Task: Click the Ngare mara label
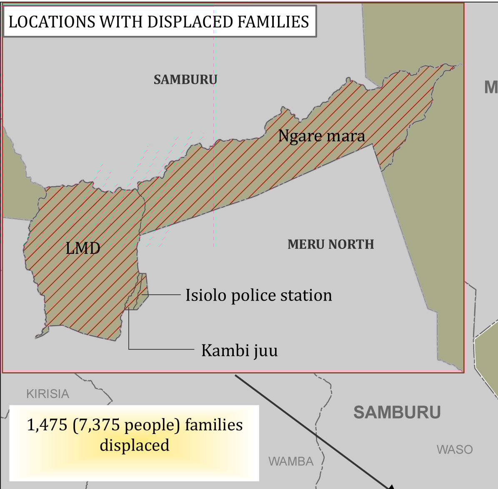tap(321, 136)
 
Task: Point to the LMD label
tap(83, 248)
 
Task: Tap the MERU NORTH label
tap(330, 244)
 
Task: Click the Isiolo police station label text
tap(258, 295)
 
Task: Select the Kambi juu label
tap(239, 350)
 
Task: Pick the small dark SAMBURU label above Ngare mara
tap(185, 80)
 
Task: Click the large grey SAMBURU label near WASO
tap(397, 412)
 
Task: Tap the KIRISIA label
tap(48, 394)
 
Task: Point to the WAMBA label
tap(291, 461)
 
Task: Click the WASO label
tap(455, 449)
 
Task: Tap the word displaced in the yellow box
tap(134, 445)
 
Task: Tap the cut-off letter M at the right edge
tap(491, 87)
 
